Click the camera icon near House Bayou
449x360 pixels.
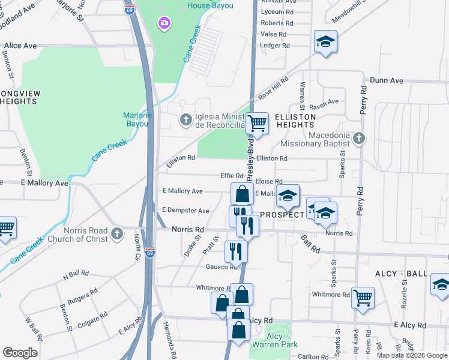(163, 23)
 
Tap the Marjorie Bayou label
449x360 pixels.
(137, 120)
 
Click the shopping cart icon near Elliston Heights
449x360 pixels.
(257, 123)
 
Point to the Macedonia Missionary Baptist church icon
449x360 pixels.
(359, 139)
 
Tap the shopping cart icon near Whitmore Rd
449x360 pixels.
(363, 296)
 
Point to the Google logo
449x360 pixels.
(20, 353)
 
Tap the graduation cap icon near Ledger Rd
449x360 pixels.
(325, 41)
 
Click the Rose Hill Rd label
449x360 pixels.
(273, 88)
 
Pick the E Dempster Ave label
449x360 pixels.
(185, 211)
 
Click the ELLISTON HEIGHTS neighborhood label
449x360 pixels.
(295, 120)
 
